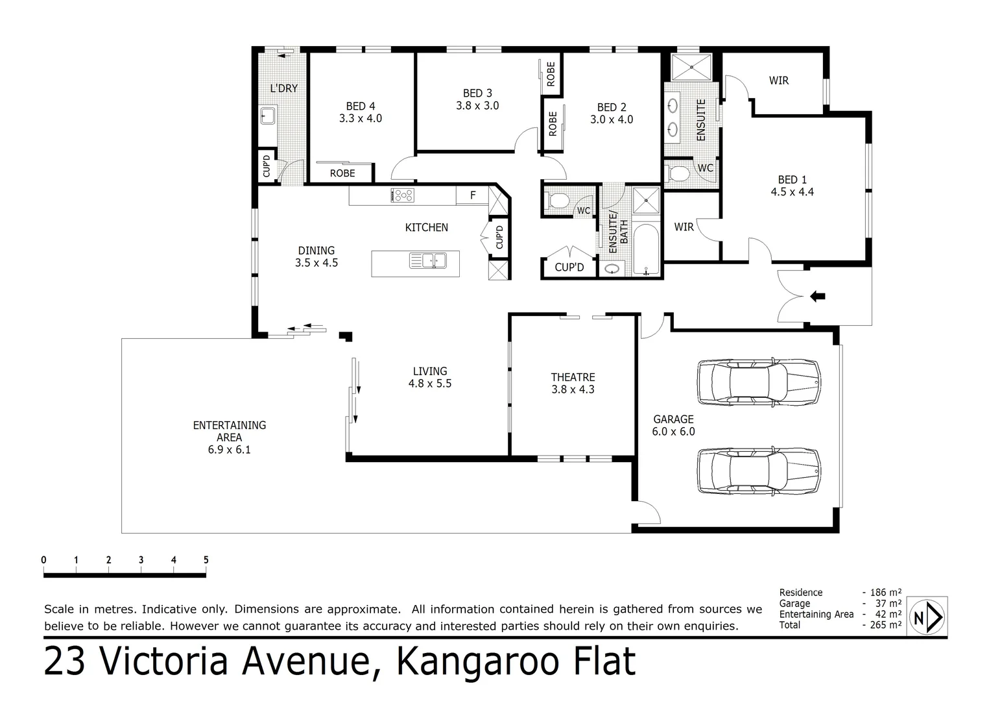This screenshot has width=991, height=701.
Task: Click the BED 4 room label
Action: pyautogui.click(x=360, y=106)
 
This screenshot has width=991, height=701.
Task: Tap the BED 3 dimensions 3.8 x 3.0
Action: pyautogui.click(x=477, y=106)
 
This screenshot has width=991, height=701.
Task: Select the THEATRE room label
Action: pyautogui.click(x=573, y=377)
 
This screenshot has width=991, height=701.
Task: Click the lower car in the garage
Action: pyautogui.click(x=758, y=471)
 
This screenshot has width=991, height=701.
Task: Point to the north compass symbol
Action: pyautogui.click(x=927, y=617)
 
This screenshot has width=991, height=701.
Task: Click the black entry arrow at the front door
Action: pyautogui.click(x=817, y=297)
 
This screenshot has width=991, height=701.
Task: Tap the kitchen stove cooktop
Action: pyautogui.click(x=402, y=195)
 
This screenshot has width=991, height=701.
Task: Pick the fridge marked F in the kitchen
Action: pyautogui.click(x=473, y=195)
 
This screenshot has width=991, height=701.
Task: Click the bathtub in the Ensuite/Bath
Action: pyautogui.click(x=645, y=250)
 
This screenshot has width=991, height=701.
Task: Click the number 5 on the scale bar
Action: pyautogui.click(x=206, y=560)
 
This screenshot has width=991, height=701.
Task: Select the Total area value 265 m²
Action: pyautogui.click(x=885, y=625)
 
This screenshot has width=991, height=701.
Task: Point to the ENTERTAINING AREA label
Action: pyautogui.click(x=230, y=431)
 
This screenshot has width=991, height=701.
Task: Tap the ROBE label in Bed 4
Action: pyautogui.click(x=342, y=173)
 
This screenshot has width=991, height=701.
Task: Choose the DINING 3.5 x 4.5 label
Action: pyautogui.click(x=316, y=256)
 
